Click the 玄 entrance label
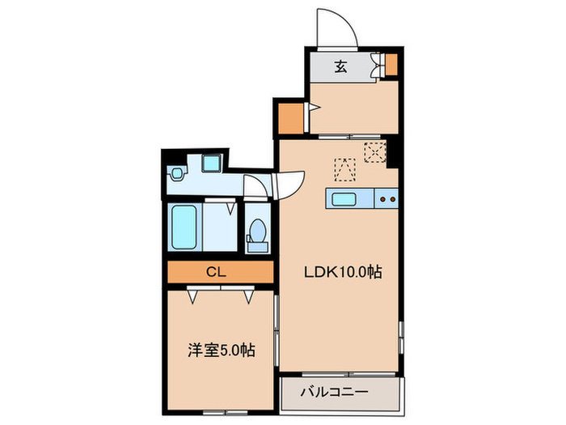point(340,68)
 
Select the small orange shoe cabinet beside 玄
point(391,64)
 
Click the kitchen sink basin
point(341,198)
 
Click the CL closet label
point(215,272)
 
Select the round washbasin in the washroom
point(175,173)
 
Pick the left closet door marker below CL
point(193,297)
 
